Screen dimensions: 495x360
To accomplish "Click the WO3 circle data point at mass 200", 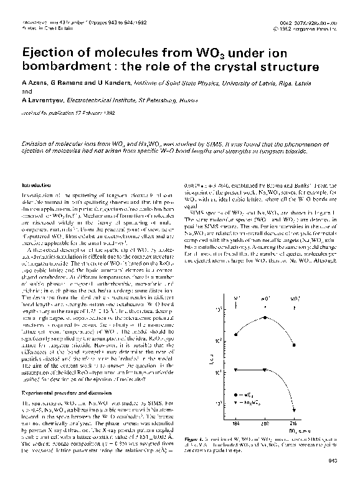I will (x=265, y=317).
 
